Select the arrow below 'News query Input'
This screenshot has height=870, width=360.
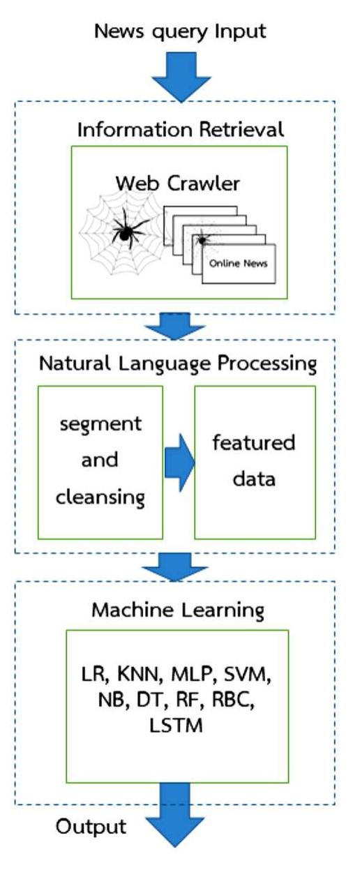[x=180, y=76]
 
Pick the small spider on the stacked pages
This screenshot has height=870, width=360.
[x=203, y=239]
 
